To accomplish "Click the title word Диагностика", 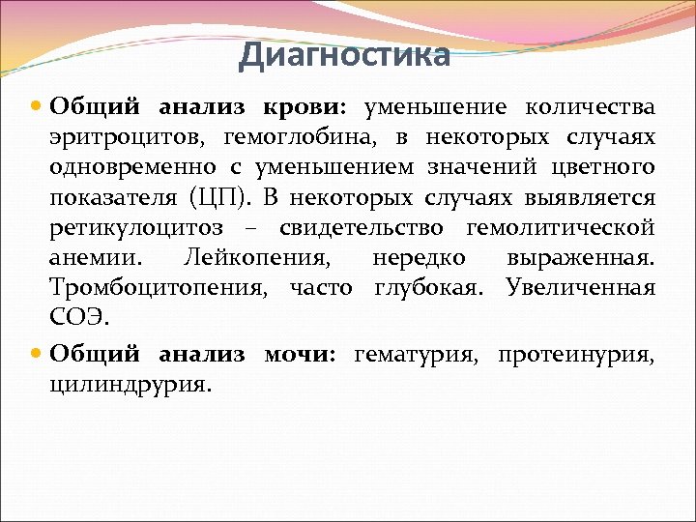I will pyautogui.click(x=344, y=55).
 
